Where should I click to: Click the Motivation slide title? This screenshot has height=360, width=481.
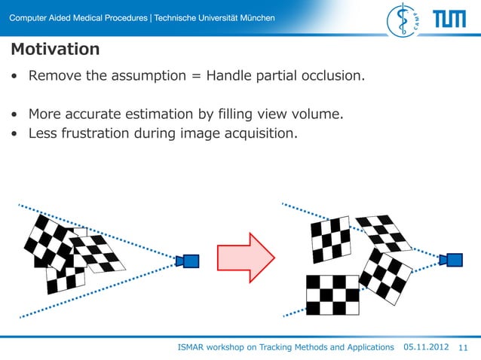tap(55, 50)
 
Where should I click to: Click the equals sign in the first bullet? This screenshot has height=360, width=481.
tap(197, 76)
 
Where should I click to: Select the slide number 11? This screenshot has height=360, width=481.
tap(463, 347)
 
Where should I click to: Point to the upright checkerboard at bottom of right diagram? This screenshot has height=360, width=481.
tap(332, 294)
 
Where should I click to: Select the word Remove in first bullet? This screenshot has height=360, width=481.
tap(54, 76)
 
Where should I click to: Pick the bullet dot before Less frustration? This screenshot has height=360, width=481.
tap(15, 135)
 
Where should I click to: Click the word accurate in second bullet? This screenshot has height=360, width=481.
tap(95, 114)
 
